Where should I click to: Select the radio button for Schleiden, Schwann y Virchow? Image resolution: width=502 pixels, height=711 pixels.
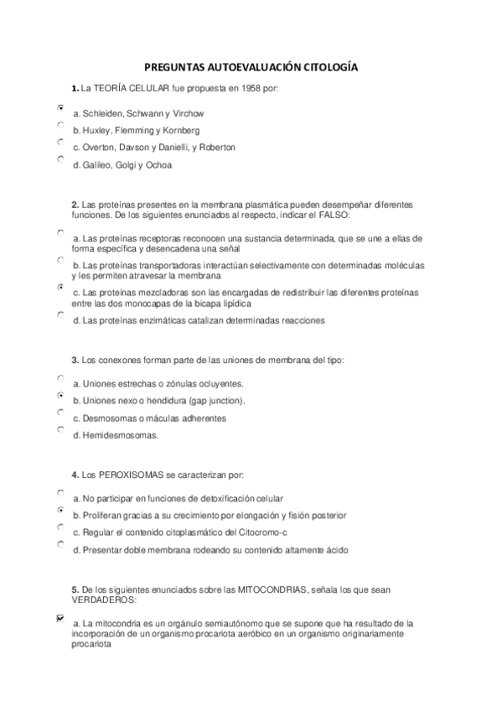(60, 108)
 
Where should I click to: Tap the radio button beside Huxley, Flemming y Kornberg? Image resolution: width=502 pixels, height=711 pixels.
(60, 125)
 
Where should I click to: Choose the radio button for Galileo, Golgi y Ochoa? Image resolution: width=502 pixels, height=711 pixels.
(60, 158)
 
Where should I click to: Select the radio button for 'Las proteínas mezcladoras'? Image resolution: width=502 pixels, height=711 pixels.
(60, 287)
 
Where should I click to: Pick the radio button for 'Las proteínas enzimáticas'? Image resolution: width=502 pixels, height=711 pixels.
(60, 314)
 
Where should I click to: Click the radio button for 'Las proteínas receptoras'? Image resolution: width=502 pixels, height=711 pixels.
(60, 232)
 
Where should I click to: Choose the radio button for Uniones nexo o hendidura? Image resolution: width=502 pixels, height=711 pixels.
(60, 395)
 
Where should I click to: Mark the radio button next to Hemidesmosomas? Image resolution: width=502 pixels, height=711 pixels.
(60, 429)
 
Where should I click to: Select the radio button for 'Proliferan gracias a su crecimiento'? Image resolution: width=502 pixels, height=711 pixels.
(60, 510)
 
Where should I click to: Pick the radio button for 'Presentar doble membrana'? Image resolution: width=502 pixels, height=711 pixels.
(60, 544)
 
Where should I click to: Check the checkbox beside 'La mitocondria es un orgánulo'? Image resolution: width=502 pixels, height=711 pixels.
(60, 619)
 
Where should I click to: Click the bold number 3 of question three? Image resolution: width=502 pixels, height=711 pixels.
(75, 360)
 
